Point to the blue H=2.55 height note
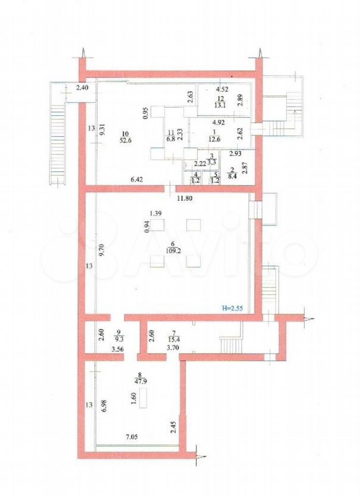coord(232,309)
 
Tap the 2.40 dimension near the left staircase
coord(82,89)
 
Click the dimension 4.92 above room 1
coord(219,123)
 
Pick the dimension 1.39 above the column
coord(156,213)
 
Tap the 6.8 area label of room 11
coord(171,139)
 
